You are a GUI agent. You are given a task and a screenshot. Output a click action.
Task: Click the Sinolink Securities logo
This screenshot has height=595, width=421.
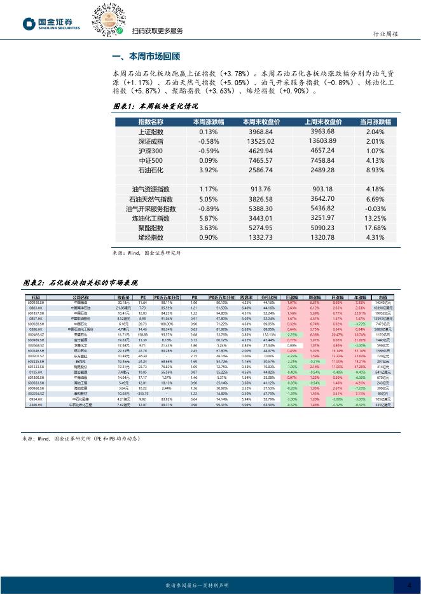(x=52, y=24)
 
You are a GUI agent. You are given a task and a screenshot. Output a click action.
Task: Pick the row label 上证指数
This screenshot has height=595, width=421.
(x=151, y=132)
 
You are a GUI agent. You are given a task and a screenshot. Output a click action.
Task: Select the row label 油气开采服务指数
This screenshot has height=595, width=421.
(x=151, y=208)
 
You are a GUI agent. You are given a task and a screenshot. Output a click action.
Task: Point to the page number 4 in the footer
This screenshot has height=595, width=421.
(x=409, y=585)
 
